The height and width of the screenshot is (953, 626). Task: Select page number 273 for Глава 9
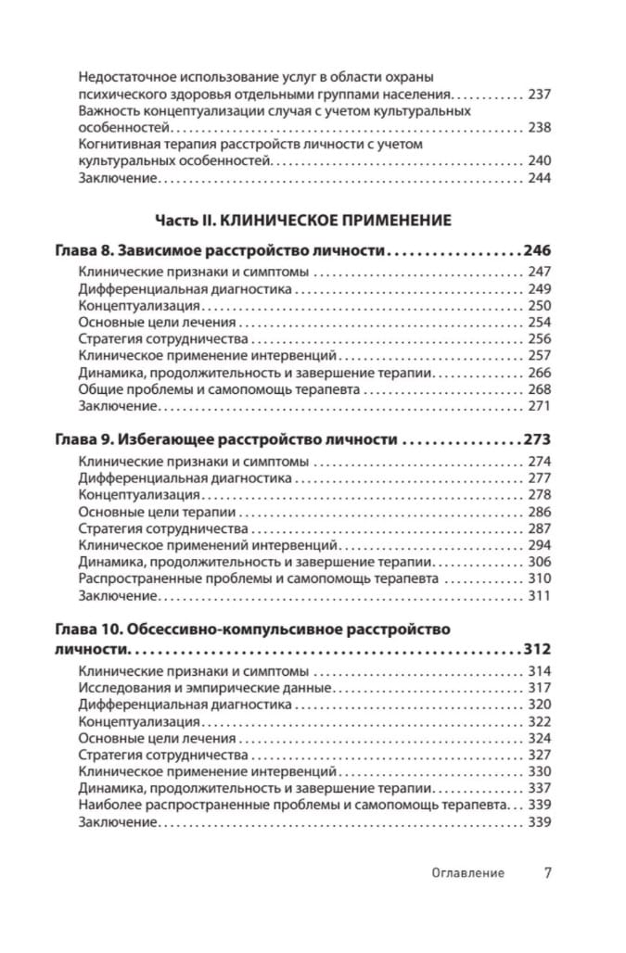coord(537,438)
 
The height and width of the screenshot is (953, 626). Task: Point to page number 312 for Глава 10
coord(537,649)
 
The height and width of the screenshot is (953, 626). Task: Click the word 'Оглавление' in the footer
coord(467,872)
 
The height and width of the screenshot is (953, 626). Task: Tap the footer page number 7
coord(547,871)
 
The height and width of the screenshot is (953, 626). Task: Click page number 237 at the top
coord(539,94)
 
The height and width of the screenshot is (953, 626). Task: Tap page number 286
coord(539,512)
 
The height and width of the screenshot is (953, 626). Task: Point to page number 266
coord(539,373)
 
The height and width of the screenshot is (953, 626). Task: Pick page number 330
coord(539,771)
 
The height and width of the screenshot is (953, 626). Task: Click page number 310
coord(539,578)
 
